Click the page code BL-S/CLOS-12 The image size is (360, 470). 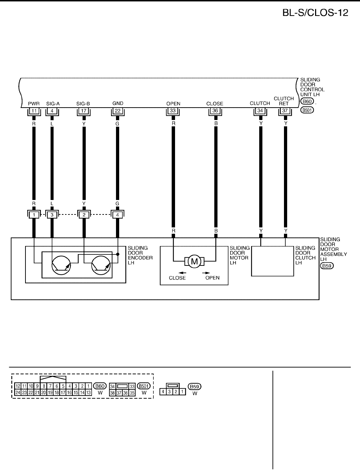315,13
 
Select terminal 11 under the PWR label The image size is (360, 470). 34,111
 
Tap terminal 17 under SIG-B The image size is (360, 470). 84,111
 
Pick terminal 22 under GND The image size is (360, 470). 117,111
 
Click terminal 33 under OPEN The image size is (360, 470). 173,111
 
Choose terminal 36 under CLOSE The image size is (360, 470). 215,111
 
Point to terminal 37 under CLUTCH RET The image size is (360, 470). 285,111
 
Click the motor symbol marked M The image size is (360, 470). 194,262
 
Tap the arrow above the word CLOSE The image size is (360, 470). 182,273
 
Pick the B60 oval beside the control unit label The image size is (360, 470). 307,102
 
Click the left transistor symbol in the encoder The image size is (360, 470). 62,265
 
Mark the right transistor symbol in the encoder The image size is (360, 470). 101,265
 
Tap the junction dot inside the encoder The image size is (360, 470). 118,254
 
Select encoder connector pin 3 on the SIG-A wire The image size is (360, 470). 52,214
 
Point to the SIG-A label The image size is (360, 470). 53,104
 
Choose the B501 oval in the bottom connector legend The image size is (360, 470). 144,386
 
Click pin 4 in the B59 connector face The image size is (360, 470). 163,392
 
